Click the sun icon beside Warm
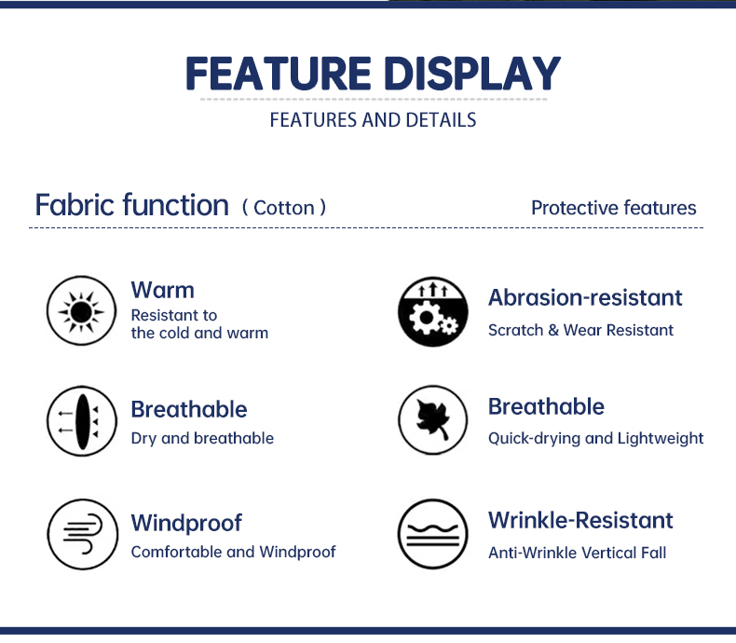81,310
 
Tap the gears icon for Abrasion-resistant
433,311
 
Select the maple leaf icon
433,420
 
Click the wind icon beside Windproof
83,534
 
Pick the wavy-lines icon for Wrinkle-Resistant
433,534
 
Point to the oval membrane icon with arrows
82,421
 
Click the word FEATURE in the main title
279,74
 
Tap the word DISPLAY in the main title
472,74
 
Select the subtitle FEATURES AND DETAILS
374,120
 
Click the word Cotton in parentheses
284,208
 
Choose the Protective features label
614,208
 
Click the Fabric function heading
132,205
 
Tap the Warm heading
162,290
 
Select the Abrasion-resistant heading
585,297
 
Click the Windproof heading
186,523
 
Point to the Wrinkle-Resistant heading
580,520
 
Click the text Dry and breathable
202,438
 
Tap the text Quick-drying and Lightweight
595,438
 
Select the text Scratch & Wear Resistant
580,330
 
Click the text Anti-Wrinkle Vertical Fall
578,553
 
